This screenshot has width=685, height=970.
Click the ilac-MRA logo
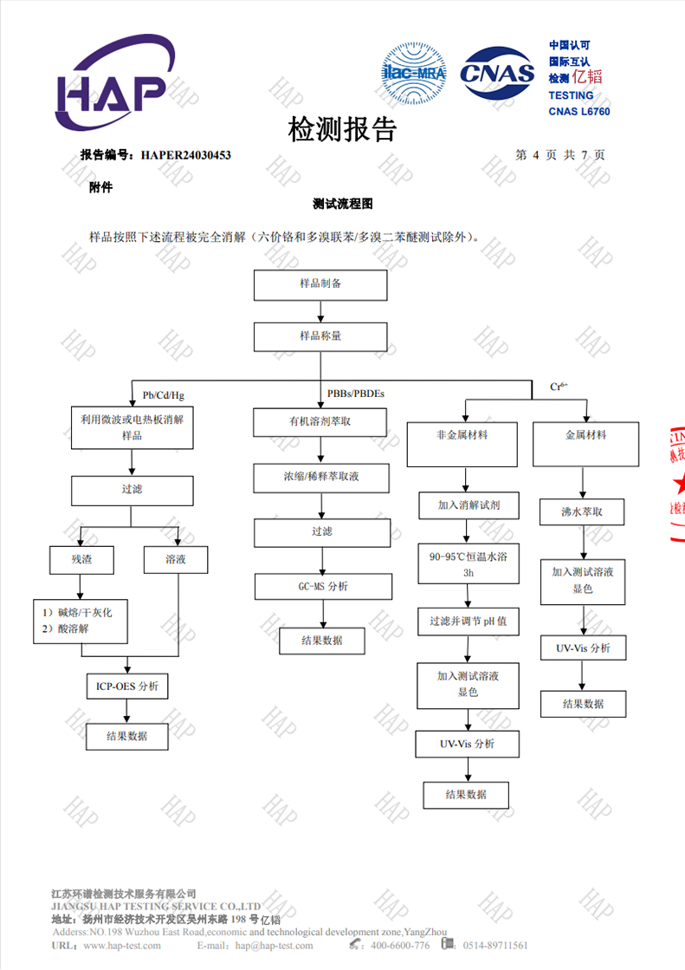pyautogui.click(x=414, y=74)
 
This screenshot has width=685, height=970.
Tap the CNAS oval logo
pyautogui.click(x=496, y=74)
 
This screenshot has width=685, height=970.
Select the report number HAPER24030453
pyautogui.click(x=184, y=155)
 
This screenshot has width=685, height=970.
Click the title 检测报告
pyautogui.click(x=342, y=129)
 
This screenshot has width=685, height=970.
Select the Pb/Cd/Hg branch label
pyautogui.click(x=164, y=395)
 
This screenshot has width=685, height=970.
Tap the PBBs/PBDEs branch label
pyautogui.click(x=355, y=394)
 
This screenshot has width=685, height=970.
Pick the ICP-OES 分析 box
pyautogui.click(x=127, y=687)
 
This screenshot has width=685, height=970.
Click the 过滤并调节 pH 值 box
pyautogui.click(x=468, y=622)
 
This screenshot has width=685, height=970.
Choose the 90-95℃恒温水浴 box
pyautogui.click(x=468, y=564)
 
